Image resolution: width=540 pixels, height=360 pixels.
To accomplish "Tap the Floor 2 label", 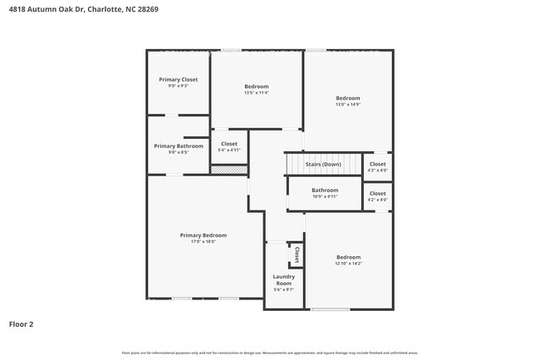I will tap(22, 323).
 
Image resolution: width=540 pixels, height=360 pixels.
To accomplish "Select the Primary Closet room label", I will tap(178, 79).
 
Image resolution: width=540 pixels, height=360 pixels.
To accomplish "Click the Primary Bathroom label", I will tap(178, 146).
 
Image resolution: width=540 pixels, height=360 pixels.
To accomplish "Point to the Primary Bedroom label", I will tap(203, 235).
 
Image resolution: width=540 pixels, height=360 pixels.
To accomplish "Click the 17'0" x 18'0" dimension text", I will tap(203, 242).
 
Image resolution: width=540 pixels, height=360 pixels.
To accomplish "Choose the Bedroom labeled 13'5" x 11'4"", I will tap(256, 86).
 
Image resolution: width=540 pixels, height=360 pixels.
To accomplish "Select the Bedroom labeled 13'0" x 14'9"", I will tap(347, 98).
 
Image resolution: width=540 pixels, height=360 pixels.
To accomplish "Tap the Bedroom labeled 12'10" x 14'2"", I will tap(347, 257).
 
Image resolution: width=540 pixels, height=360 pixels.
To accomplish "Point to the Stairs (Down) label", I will tap(323, 165).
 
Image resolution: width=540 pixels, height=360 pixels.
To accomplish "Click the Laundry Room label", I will tap(283, 279).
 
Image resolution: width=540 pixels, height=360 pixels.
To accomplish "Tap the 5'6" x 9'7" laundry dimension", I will tap(283, 290).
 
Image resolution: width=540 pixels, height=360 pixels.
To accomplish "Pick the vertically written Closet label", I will tap(296, 254).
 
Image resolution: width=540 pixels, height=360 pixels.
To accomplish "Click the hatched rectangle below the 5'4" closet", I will tap(228, 170).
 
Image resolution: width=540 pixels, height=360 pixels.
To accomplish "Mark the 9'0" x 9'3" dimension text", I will tap(178, 86).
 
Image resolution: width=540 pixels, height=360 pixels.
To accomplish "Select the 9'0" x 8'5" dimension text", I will tap(178, 153).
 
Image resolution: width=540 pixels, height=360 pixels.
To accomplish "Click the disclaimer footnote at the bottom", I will tap(270, 353).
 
